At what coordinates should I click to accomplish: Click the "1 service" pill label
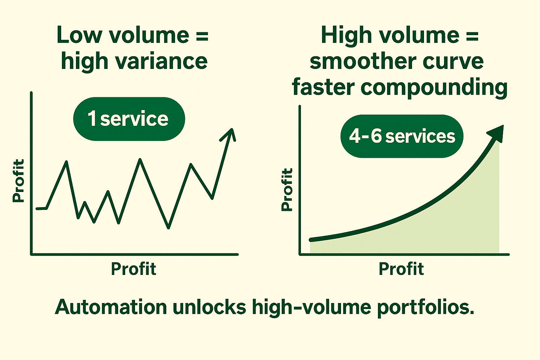[129, 119]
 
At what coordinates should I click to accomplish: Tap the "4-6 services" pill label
[402, 136]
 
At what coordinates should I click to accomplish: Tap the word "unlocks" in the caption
[210, 307]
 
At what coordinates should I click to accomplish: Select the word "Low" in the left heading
[79, 35]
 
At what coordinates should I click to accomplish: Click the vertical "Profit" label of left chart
[19, 180]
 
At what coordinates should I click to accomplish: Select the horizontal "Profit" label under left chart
[134, 269]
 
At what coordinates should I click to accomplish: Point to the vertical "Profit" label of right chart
[287, 189]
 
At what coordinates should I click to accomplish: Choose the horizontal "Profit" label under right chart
[401, 269]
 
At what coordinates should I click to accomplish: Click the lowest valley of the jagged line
[168, 228]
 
